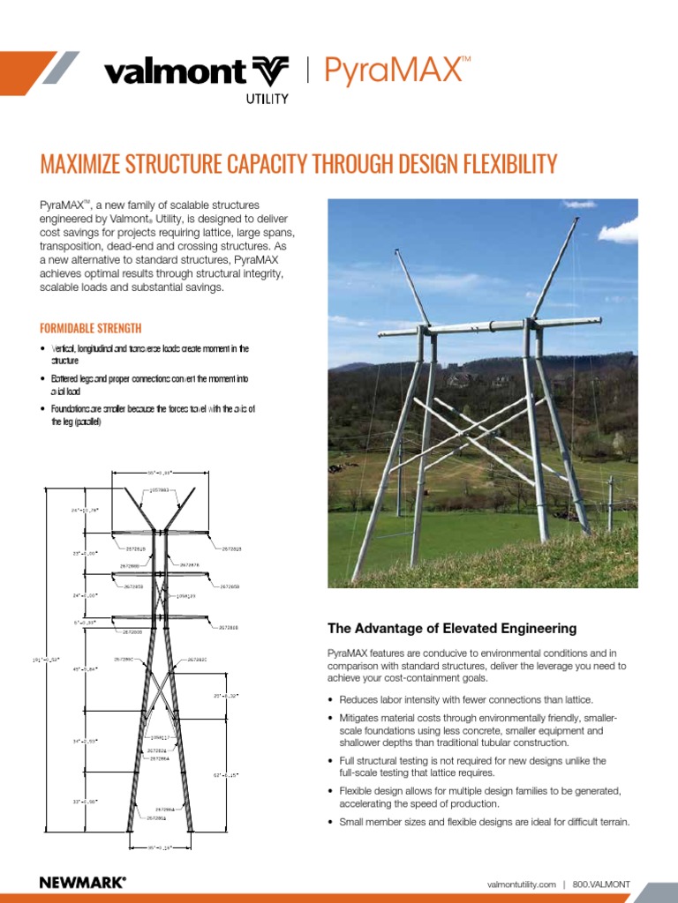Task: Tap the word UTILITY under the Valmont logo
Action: (266, 99)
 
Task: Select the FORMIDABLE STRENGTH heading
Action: (91, 328)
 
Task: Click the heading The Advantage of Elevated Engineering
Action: (452, 629)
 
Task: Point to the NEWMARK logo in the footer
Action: (82, 882)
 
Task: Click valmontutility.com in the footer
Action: (521, 884)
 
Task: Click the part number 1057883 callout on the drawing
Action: (160, 489)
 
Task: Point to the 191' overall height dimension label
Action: (47, 660)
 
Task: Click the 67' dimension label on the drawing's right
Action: (226, 775)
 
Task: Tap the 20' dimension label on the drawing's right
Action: (226, 696)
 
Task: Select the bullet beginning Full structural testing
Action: (477, 766)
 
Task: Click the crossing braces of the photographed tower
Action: (481, 429)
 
